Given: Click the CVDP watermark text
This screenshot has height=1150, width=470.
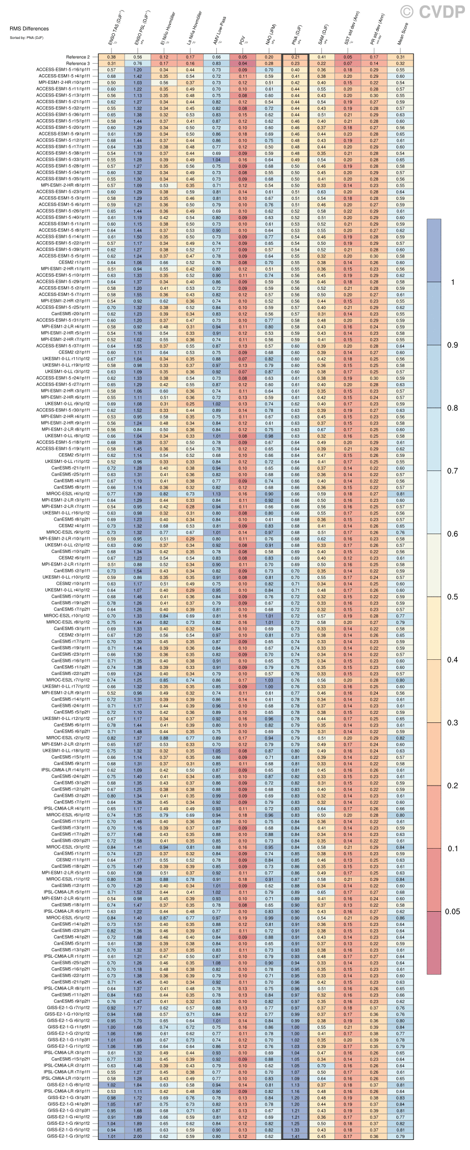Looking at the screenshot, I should (x=440, y=12).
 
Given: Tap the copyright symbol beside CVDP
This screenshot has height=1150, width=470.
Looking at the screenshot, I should (x=407, y=12).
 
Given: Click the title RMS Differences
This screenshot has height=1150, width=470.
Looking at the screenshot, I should (x=29, y=29).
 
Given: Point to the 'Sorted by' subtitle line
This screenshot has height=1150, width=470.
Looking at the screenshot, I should (x=26, y=38).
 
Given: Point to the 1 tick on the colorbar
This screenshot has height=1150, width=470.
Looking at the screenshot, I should (x=452, y=282).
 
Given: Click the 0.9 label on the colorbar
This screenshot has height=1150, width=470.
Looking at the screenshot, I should (x=452, y=345).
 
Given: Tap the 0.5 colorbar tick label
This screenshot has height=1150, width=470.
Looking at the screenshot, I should (x=452, y=597).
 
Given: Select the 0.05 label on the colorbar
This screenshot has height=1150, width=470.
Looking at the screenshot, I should (x=452, y=912).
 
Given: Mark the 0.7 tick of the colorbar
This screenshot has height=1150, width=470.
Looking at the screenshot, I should (x=452, y=471).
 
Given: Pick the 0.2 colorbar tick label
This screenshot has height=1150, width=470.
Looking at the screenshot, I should (x=452, y=786).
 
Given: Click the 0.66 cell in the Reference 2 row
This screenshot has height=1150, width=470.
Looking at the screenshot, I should (x=216, y=57).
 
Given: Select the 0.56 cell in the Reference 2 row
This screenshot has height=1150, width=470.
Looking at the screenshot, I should (x=138, y=57).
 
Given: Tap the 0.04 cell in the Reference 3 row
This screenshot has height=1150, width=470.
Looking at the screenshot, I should (x=243, y=64).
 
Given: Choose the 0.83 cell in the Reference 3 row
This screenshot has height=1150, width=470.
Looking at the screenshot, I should (x=216, y=64).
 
